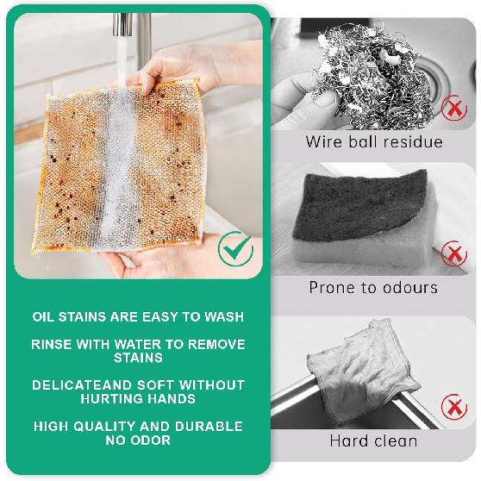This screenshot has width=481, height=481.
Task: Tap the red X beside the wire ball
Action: pos(453,109)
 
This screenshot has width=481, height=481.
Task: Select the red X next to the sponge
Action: pos(453,255)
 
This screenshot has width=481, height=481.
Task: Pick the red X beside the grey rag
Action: pos(453,405)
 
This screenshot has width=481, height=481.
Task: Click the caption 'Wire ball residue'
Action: pos(374,141)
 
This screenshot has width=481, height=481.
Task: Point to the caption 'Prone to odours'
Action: pos(374,288)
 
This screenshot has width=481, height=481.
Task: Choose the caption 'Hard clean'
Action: pos(374,440)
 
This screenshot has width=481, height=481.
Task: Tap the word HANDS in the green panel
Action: pos(172,399)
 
